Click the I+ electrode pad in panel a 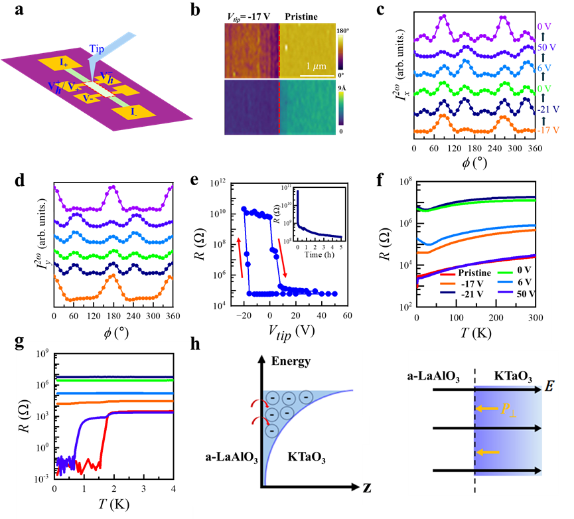[x=61, y=63]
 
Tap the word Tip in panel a [x=97, y=48]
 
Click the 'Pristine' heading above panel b [x=301, y=17]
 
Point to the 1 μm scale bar [x=317, y=76]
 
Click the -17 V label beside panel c [x=548, y=130]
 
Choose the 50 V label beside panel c [x=547, y=47]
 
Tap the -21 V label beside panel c [x=548, y=110]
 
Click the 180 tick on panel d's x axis [x=113, y=316]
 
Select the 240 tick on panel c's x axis [x=494, y=148]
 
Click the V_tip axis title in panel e [x=292, y=333]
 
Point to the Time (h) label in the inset [x=319, y=255]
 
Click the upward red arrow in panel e [x=240, y=258]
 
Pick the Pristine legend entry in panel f [x=466, y=273]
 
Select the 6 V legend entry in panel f [x=515, y=282]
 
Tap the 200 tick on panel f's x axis [x=496, y=318]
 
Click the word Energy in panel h [x=291, y=362]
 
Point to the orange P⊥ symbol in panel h [x=509, y=409]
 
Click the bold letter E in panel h [x=549, y=386]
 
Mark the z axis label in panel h [x=367, y=488]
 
